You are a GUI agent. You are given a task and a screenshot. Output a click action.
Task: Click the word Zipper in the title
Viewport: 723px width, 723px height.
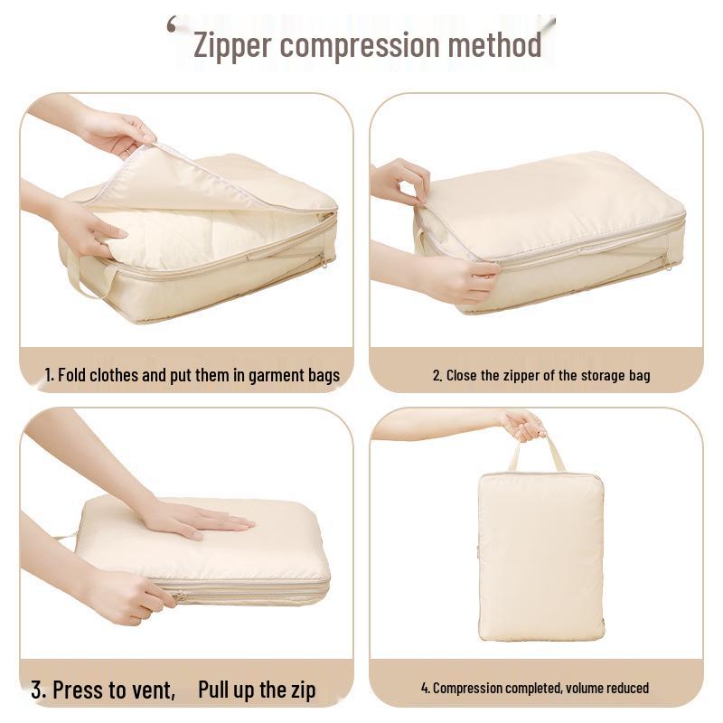click(x=231, y=45)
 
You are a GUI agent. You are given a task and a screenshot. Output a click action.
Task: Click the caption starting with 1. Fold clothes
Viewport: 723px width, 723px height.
click(x=192, y=375)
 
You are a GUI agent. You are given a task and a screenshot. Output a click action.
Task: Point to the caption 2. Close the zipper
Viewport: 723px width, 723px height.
click(x=540, y=375)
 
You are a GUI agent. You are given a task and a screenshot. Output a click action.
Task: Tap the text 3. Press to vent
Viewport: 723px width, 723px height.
click(x=103, y=691)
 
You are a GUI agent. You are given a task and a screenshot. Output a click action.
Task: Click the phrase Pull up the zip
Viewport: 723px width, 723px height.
click(x=258, y=690)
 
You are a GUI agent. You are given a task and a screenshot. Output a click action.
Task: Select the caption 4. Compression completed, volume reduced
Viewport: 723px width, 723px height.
click(x=535, y=689)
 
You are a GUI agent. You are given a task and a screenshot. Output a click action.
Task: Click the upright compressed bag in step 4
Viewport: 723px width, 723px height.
click(x=540, y=556)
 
